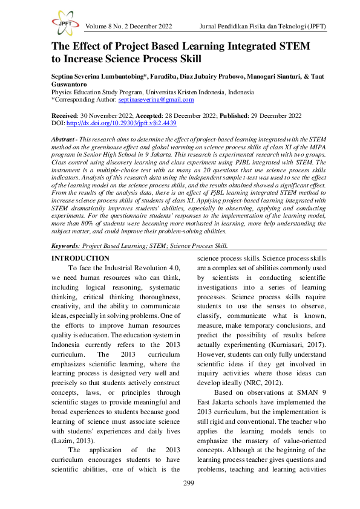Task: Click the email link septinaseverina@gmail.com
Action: tap(156, 100)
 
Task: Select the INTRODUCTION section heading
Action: tap(80, 258)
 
